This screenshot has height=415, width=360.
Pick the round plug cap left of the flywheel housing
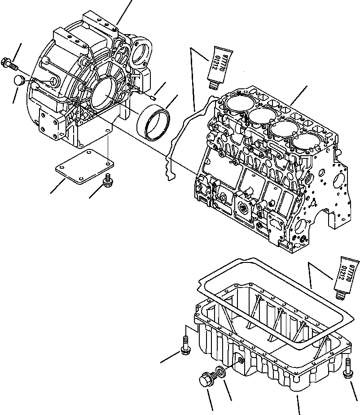click(20, 81)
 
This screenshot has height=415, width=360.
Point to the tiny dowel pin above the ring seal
click(153, 95)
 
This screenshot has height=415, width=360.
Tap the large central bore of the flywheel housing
click(105, 95)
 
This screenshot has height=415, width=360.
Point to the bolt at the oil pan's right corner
click(349, 366)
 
